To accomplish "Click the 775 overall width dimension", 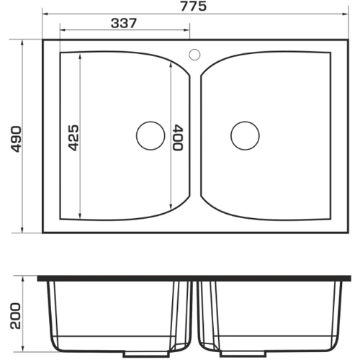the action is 193,6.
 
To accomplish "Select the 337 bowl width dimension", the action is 124,23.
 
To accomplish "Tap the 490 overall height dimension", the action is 17,139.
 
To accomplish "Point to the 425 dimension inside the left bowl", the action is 73,138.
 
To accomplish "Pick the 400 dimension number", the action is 178,138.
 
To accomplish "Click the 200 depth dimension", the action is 16,315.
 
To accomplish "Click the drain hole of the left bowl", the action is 150,135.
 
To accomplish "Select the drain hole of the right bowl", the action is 245,135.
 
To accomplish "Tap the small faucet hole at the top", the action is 194,55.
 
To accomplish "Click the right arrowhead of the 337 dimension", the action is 187,30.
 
